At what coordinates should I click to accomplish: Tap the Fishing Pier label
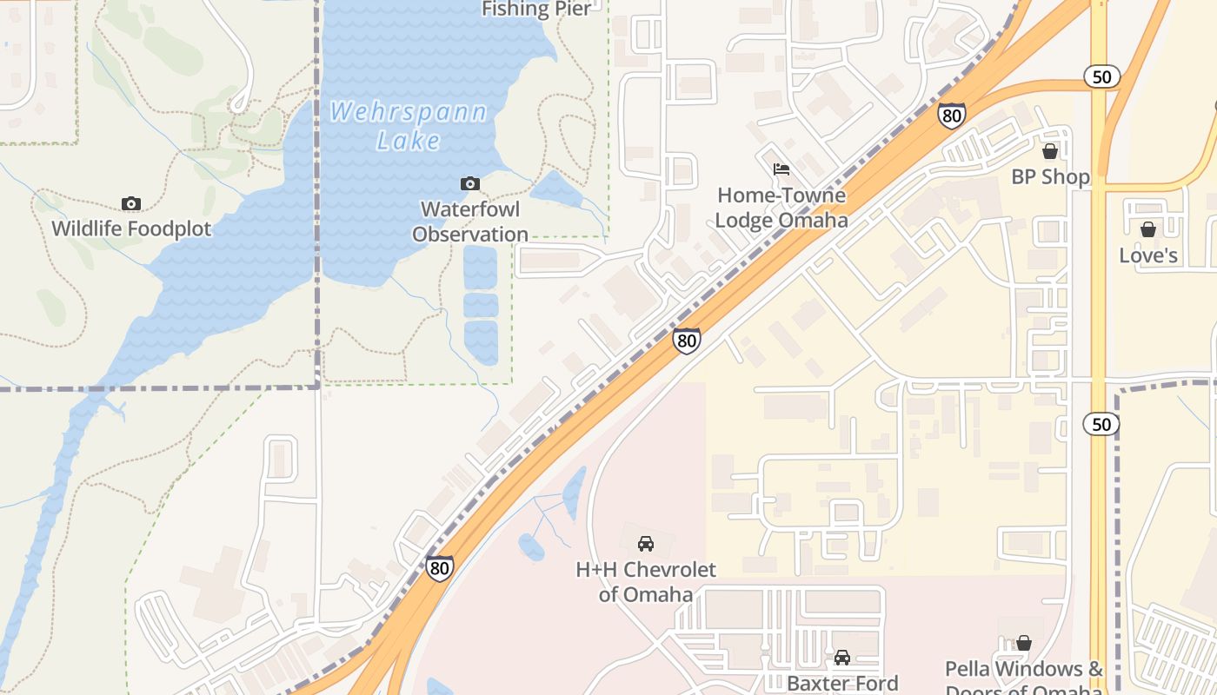click(536, 10)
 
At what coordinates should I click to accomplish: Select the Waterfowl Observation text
click(470, 222)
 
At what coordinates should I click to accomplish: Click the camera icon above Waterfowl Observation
click(470, 183)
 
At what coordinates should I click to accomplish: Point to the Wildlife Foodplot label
click(131, 229)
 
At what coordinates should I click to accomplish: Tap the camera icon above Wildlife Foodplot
click(131, 204)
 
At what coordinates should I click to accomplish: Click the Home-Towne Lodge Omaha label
click(781, 208)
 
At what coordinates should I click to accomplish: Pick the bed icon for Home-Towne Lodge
click(781, 169)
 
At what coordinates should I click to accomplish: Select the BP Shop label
click(1050, 177)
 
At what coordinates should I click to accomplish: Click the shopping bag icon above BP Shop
click(1050, 151)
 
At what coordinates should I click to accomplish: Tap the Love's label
click(1148, 255)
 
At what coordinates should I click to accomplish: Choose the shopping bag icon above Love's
click(1148, 229)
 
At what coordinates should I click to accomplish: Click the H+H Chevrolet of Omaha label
click(646, 582)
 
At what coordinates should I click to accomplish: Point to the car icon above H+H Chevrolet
click(646, 544)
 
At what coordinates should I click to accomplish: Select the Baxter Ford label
click(842, 684)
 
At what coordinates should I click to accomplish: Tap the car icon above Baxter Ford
click(842, 658)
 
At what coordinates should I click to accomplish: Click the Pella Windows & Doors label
click(1024, 678)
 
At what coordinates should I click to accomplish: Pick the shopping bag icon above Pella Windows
click(1024, 643)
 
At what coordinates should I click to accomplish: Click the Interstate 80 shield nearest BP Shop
click(952, 115)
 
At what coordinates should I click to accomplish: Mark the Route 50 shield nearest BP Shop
click(1101, 77)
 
